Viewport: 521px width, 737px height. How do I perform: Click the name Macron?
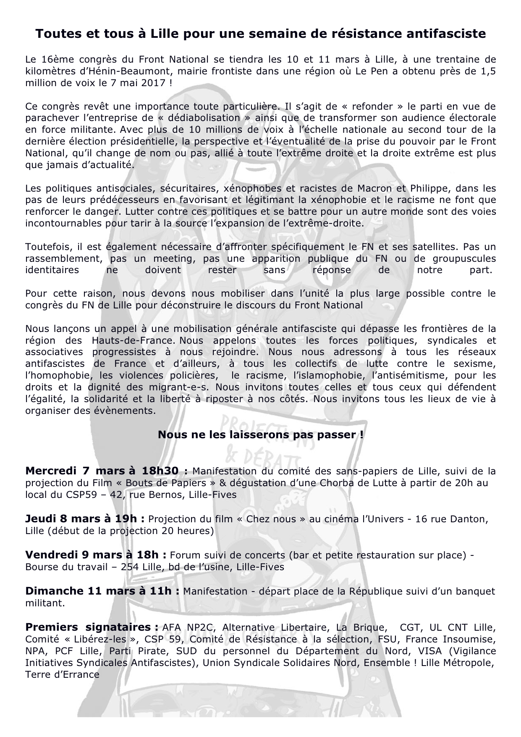[377, 188]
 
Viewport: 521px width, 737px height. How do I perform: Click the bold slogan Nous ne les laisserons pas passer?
[260, 434]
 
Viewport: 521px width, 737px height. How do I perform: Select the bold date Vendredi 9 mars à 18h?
[97, 555]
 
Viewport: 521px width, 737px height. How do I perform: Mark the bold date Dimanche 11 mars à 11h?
[102, 591]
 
